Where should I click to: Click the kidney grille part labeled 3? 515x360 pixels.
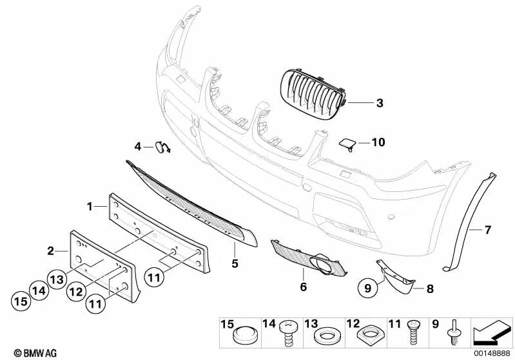(x=313, y=94)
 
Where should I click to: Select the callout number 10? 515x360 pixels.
(x=378, y=142)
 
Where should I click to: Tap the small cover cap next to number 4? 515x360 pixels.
(x=162, y=147)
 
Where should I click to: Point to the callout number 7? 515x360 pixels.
(x=488, y=230)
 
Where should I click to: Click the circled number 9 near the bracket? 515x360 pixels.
(x=368, y=288)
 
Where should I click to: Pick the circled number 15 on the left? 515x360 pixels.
(x=21, y=301)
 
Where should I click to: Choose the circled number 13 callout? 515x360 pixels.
(x=57, y=279)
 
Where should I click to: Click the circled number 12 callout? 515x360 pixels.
(x=76, y=291)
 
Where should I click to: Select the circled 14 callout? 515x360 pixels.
(x=39, y=290)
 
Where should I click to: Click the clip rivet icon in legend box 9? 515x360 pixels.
(x=453, y=332)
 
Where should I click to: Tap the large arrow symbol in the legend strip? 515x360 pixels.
(x=492, y=333)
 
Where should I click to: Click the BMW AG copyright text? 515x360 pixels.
(x=35, y=353)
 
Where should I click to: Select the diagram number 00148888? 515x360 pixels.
(x=492, y=354)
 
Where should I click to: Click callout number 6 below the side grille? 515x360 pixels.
(x=304, y=287)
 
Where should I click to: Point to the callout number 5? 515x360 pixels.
(x=235, y=263)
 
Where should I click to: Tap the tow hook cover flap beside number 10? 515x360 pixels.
(x=347, y=144)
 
